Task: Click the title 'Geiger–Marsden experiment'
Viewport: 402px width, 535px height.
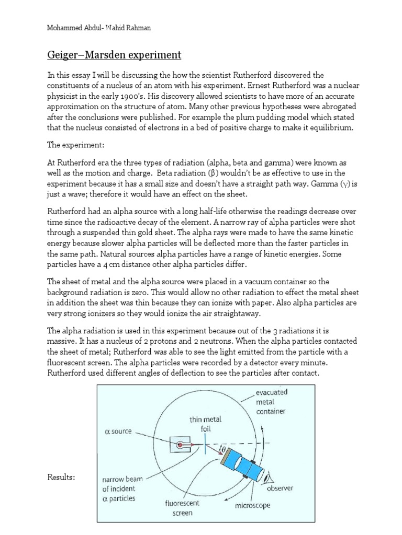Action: click(x=114, y=54)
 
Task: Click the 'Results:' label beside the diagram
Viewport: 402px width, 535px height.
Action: click(x=61, y=477)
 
